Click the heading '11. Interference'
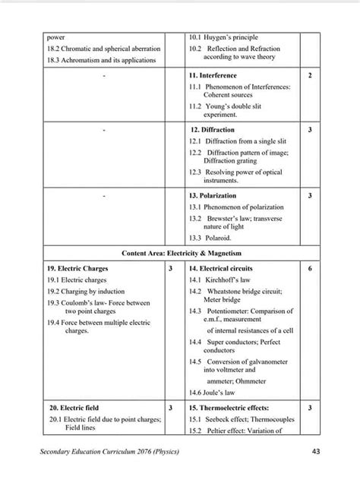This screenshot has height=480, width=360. (213, 76)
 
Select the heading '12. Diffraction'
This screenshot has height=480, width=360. (212, 130)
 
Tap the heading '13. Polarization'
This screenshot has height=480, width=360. (215, 195)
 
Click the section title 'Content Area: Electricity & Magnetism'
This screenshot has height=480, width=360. (180, 252)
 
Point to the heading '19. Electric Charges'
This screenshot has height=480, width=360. (77, 269)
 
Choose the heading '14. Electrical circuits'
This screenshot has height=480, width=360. (221, 269)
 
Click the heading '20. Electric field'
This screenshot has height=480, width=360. (70, 408)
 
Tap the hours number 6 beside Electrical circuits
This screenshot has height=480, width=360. (310, 269)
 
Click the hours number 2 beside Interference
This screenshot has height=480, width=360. (310, 76)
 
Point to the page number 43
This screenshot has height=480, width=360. (317, 453)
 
